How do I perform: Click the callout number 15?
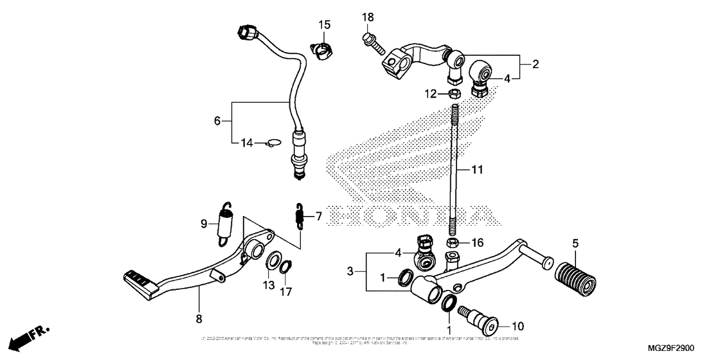[325, 24]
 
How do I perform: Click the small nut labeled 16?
[452, 243]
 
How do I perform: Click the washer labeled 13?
[273, 262]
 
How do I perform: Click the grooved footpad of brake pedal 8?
[137, 278]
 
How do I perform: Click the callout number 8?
[198, 319]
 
